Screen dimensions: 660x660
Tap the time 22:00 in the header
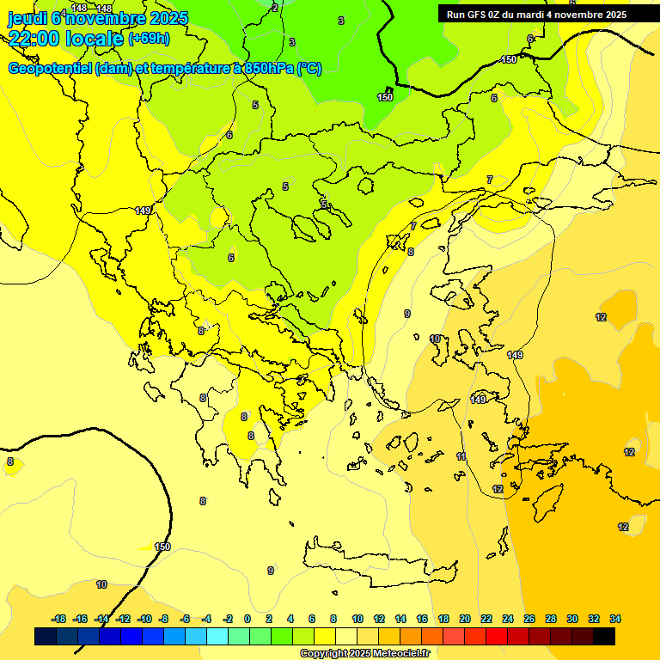(34, 39)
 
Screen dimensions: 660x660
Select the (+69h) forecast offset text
(149, 39)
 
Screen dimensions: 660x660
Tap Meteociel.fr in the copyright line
(401, 654)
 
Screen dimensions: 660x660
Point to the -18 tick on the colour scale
(58, 619)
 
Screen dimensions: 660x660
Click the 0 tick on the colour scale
(247, 619)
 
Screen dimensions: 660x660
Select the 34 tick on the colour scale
(615, 619)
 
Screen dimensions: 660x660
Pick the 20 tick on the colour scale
(465, 619)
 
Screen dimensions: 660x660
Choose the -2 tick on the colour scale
(228, 619)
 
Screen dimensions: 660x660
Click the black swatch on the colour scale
(604, 636)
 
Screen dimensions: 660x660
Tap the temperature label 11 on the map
(461, 456)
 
